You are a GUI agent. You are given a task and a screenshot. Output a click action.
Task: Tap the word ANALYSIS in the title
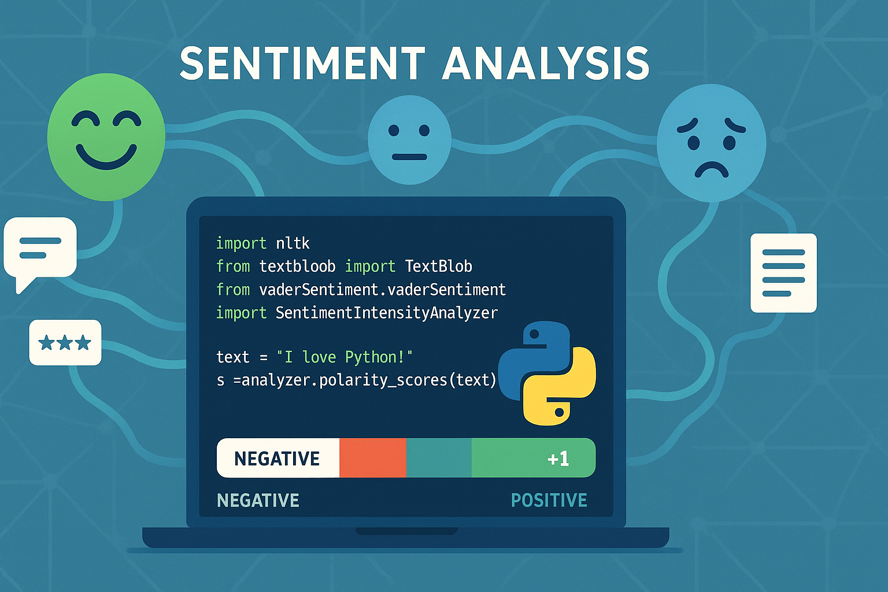(x=546, y=64)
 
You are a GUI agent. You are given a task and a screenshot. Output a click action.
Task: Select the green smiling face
(x=106, y=137)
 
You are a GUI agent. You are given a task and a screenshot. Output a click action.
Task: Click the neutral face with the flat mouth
(x=409, y=140)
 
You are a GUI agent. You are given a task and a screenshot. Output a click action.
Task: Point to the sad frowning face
(x=712, y=143)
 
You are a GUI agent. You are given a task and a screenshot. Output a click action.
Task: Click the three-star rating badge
(x=65, y=342)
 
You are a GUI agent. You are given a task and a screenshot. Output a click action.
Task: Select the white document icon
(x=784, y=273)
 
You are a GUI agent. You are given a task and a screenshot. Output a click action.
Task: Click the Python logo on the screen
(x=547, y=373)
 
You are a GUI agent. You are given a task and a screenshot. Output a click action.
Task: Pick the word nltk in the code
(x=293, y=243)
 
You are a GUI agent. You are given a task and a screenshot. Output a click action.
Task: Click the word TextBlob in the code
(x=438, y=266)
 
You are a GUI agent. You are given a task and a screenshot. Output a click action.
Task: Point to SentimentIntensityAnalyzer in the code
(x=387, y=313)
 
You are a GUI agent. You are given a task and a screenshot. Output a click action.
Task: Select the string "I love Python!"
(x=345, y=357)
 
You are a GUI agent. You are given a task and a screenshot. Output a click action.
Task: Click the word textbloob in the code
(x=297, y=266)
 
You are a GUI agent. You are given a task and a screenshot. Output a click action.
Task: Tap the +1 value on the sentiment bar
(x=558, y=459)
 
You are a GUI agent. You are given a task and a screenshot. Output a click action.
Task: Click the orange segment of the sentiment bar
(x=373, y=457)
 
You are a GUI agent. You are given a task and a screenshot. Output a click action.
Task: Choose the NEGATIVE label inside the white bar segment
(x=277, y=459)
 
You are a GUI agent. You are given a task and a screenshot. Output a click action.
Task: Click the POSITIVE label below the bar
(x=549, y=501)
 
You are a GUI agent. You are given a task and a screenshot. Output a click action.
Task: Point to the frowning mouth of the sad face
(x=712, y=170)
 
